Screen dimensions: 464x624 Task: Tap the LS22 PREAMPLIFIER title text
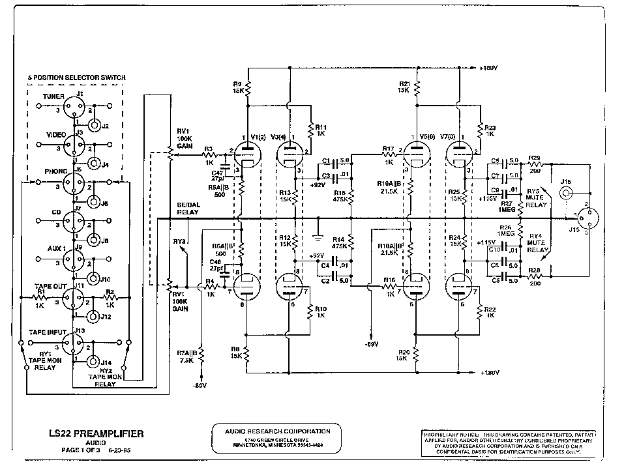97,433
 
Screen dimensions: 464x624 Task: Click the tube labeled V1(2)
247,155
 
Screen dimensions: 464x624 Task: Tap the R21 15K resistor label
404,88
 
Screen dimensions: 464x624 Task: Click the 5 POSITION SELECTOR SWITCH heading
76,78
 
